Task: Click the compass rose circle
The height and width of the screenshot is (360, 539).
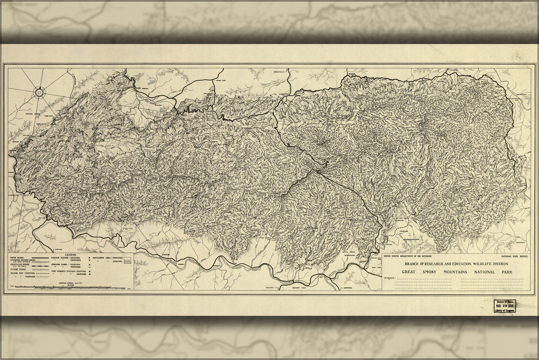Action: [40, 93]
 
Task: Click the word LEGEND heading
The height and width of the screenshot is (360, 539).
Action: [71, 254]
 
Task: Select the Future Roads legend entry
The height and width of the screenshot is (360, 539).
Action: [18, 269]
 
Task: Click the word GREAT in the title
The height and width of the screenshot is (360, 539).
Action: [408, 271]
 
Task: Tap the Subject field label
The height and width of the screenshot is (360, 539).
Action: [390, 278]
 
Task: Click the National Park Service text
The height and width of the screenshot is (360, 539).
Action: [514, 255]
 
